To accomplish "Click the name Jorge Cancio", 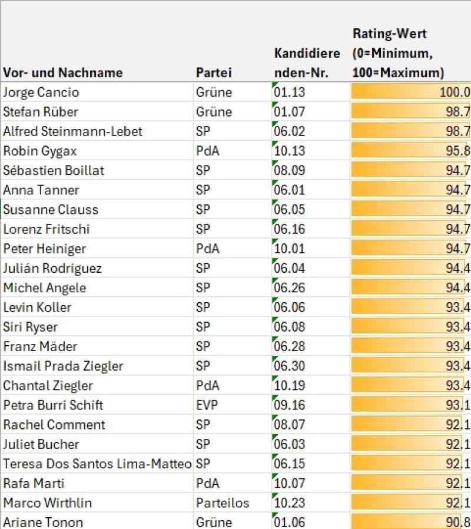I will point(41,92).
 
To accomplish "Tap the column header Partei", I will point(214,73).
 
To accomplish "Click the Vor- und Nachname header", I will point(63,73).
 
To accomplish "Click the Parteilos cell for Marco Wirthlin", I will point(223,503).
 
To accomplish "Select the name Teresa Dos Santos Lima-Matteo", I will point(97,464).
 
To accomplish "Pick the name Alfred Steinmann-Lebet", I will point(72,131).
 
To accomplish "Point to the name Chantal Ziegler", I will point(49,386).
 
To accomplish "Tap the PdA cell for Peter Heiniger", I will point(208,249).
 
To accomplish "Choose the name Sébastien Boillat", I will point(54,171).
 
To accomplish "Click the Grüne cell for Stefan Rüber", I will point(214,112).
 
